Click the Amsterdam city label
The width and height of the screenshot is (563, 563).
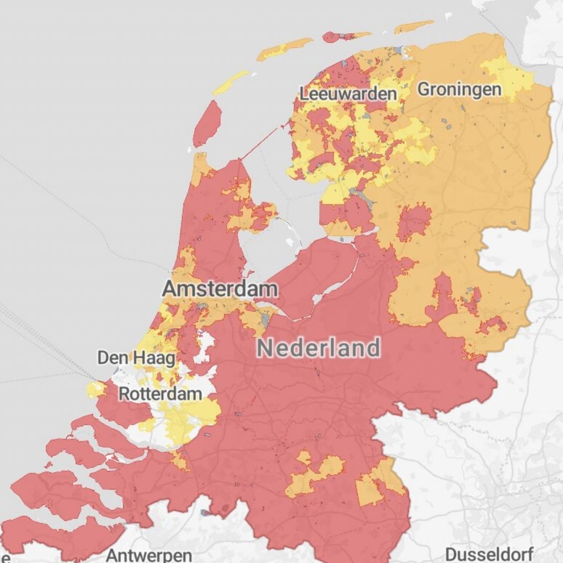click(220, 289)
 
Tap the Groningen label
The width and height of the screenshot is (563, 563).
click(459, 89)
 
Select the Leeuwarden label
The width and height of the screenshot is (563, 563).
click(348, 93)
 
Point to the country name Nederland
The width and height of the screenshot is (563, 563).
click(318, 348)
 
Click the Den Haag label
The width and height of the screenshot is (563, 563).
click(136, 358)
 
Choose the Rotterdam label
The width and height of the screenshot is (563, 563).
click(160, 394)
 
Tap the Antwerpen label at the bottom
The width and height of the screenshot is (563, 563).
click(149, 555)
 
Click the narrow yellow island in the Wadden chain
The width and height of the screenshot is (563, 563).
click(231, 82)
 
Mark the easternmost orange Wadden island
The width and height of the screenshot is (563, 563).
click(413, 27)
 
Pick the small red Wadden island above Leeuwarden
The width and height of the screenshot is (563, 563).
click(337, 36)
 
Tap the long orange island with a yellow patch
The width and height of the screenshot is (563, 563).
click(284, 49)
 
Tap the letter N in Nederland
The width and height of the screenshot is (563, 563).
click(267, 348)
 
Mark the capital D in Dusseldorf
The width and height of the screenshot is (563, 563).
click(451, 554)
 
